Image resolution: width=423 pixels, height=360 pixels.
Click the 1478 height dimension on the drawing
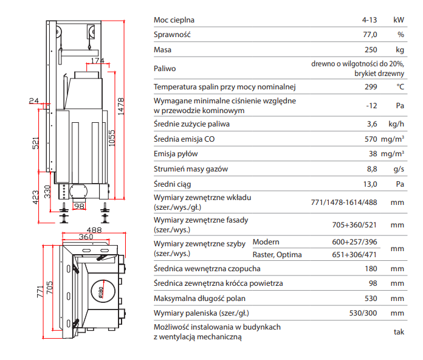[121, 106]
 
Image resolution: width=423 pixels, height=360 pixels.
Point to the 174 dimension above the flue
[97, 61]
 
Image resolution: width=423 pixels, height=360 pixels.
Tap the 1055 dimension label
[112, 138]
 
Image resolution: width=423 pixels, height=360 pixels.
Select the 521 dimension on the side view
[36, 143]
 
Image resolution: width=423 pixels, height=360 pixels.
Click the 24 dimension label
[33, 101]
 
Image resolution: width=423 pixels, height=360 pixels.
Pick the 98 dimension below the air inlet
[79, 206]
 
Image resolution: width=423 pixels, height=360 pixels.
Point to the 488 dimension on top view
[94, 230]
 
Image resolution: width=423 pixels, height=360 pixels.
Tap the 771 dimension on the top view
[40, 291]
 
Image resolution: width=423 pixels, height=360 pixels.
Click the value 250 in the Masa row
[371, 50]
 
